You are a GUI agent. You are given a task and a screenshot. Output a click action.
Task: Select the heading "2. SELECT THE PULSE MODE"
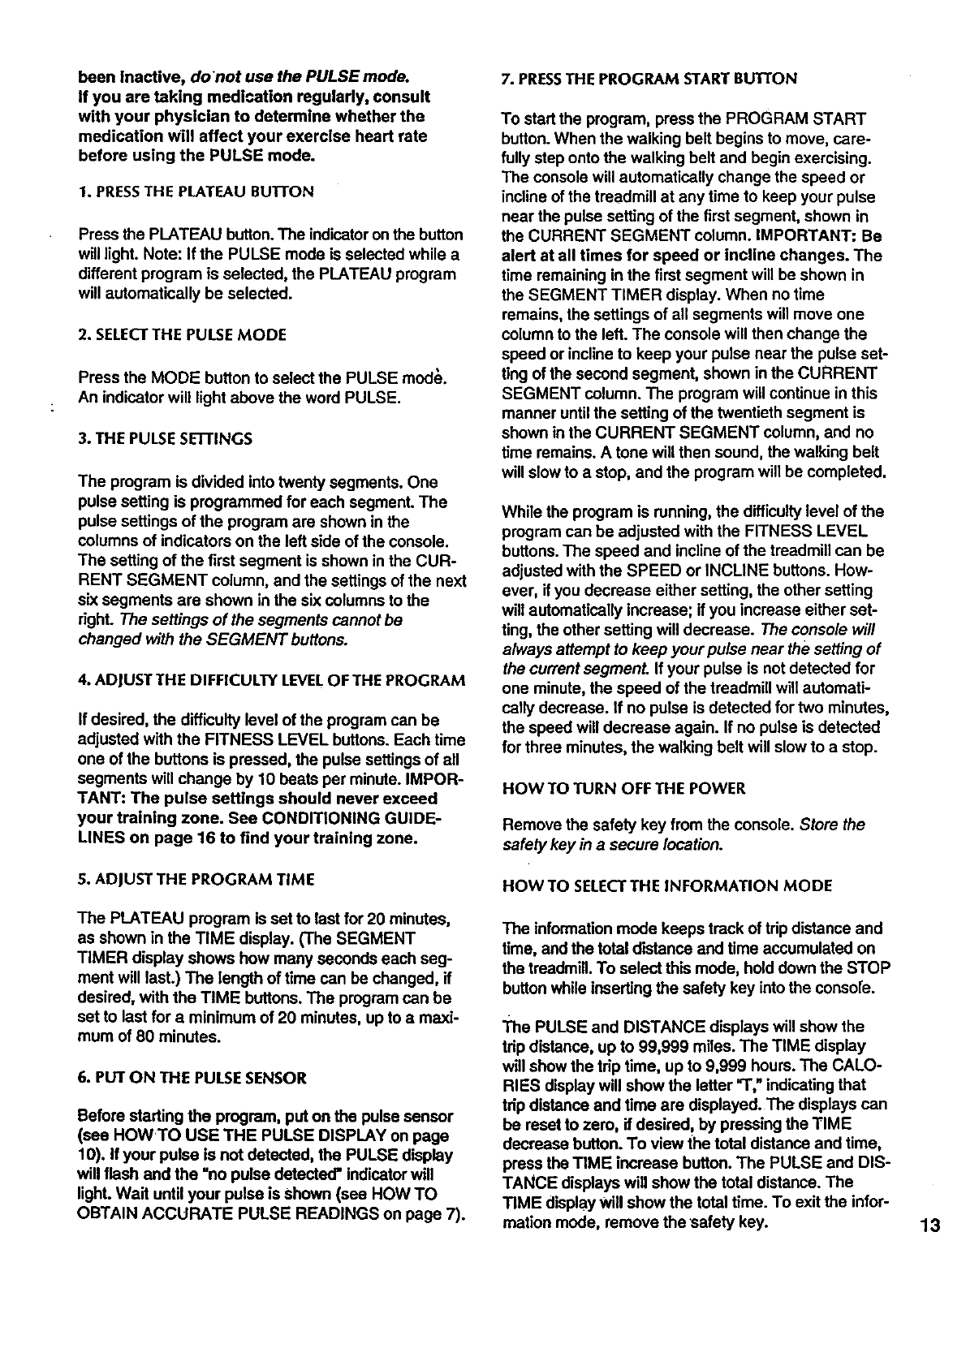click(183, 334)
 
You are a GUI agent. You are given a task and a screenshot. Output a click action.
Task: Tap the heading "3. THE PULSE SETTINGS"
click(166, 439)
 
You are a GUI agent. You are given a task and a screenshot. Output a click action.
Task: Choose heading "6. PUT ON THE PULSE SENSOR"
click(192, 1079)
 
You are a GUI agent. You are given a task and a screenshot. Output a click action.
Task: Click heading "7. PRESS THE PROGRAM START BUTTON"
click(649, 79)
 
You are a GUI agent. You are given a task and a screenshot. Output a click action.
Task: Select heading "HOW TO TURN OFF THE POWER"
click(623, 788)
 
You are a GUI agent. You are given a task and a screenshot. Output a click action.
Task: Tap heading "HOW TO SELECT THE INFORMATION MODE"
click(667, 886)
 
